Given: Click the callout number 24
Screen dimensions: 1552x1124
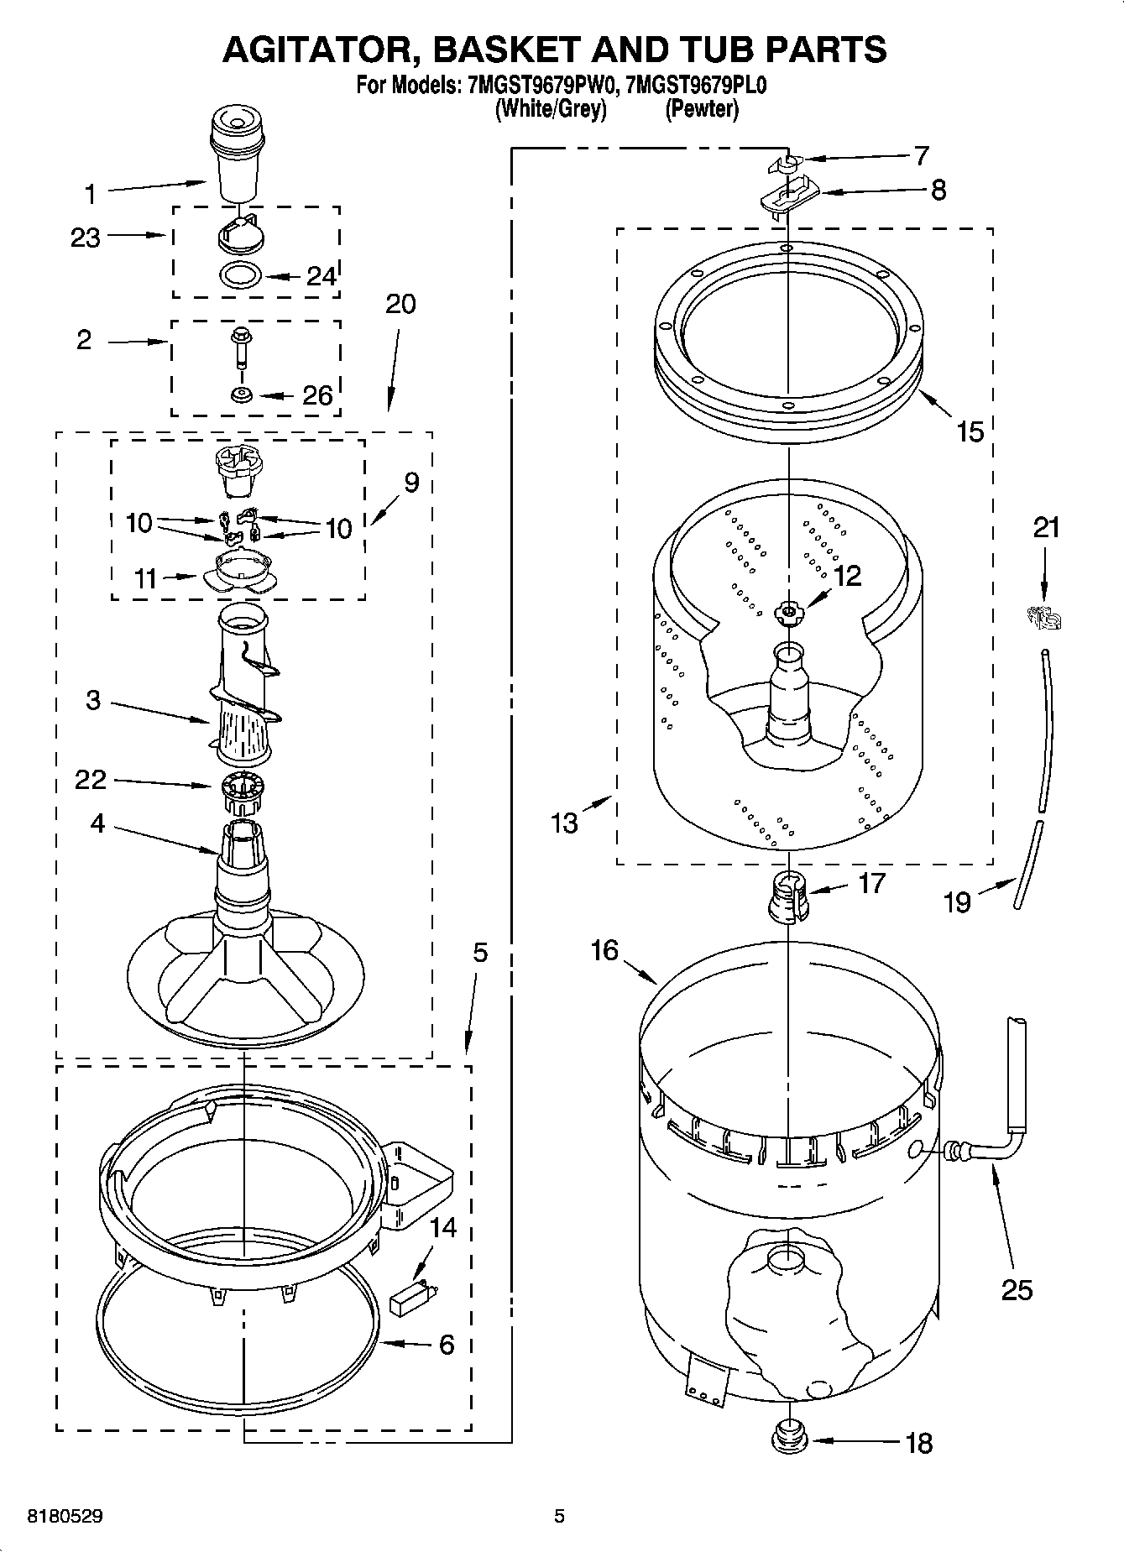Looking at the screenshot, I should pyautogui.click(x=321, y=276).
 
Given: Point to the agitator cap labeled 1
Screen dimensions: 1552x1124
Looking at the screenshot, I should pyautogui.click(x=237, y=159).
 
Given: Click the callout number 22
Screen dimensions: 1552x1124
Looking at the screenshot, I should pyautogui.click(x=91, y=780).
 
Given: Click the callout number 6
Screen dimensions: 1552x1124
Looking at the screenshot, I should pyautogui.click(x=447, y=1344).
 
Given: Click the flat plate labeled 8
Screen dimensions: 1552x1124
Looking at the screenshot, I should pyautogui.click(x=789, y=199).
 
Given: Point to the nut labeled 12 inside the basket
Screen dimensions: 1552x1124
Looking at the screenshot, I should pyautogui.click(x=788, y=614).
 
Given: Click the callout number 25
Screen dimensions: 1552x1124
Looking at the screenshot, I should pyautogui.click(x=1017, y=1288).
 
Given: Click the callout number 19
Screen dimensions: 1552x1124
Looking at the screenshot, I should pyautogui.click(x=957, y=902).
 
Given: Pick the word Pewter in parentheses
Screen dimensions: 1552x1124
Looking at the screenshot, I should pyautogui.click(x=702, y=108).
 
